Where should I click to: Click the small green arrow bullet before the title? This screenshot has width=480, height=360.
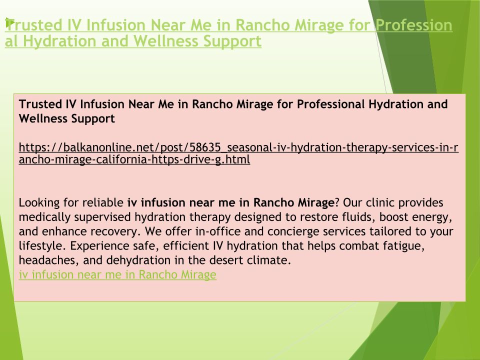tap(8, 22)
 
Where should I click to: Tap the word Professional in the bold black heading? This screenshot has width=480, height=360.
tap(330, 104)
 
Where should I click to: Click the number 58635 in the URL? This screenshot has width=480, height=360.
tap(205, 147)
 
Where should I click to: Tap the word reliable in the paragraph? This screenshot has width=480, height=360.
tap(103, 202)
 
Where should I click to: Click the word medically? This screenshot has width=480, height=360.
tap(44, 217)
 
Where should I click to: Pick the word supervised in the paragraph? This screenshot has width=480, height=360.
tap(102, 217)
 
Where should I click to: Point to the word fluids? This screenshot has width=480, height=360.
tap(358, 217)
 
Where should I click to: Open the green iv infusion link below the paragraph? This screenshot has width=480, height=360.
tap(117, 274)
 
